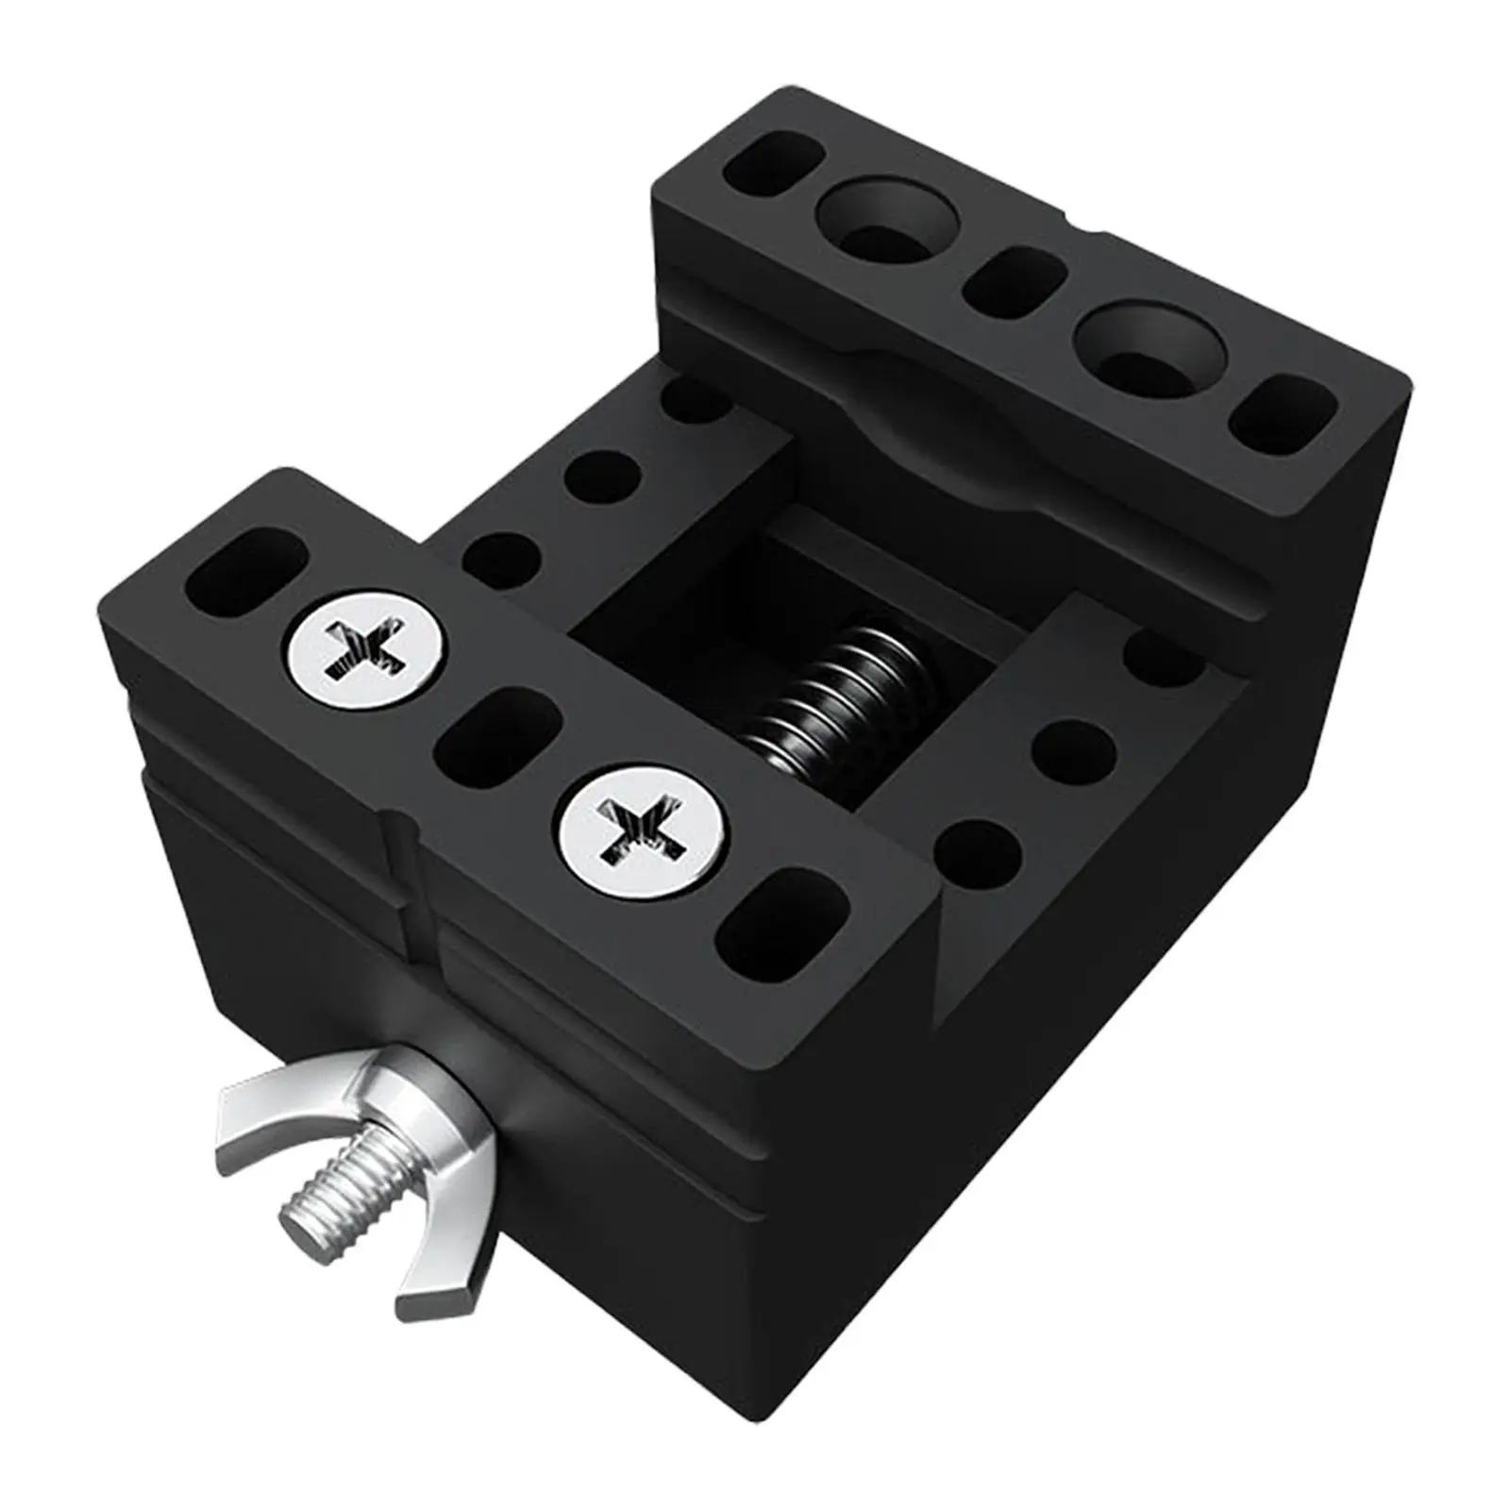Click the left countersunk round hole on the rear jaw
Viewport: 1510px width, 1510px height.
887,221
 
